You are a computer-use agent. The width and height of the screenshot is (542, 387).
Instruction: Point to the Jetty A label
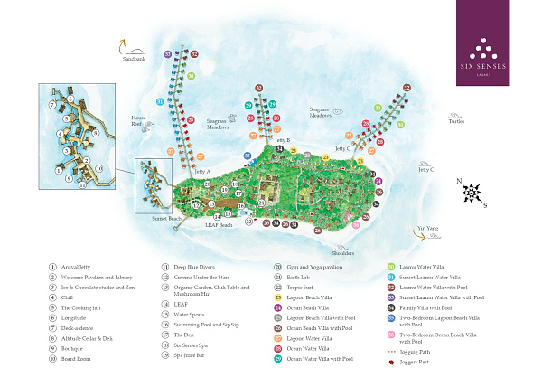coord(201,170)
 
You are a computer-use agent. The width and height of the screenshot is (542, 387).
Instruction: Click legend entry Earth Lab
coord(297,277)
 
